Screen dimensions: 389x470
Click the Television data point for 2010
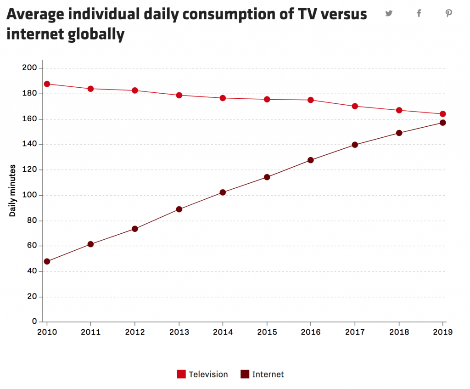pos(47,84)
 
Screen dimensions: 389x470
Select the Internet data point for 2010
pos(47,261)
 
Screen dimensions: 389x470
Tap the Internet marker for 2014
pos(223,192)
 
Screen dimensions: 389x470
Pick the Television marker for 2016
pos(311,100)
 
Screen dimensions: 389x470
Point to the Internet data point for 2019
pos(442,123)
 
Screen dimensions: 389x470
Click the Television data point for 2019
pos(442,114)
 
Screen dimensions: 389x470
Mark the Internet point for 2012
pos(135,229)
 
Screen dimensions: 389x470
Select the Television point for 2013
pos(179,95)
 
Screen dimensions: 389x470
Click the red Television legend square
pos(181,374)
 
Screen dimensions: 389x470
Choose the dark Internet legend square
pos(245,374)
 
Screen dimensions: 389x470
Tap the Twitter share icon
pos(389,13)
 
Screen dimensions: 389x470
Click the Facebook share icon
pos(419,13)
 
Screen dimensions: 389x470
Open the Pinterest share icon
pos(448,13)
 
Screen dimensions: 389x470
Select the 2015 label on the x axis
pos(267,333)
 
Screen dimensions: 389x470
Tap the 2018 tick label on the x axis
pos(399,333)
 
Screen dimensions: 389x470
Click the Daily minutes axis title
pos(13,190)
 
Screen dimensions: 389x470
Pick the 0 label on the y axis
pos(34,322)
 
